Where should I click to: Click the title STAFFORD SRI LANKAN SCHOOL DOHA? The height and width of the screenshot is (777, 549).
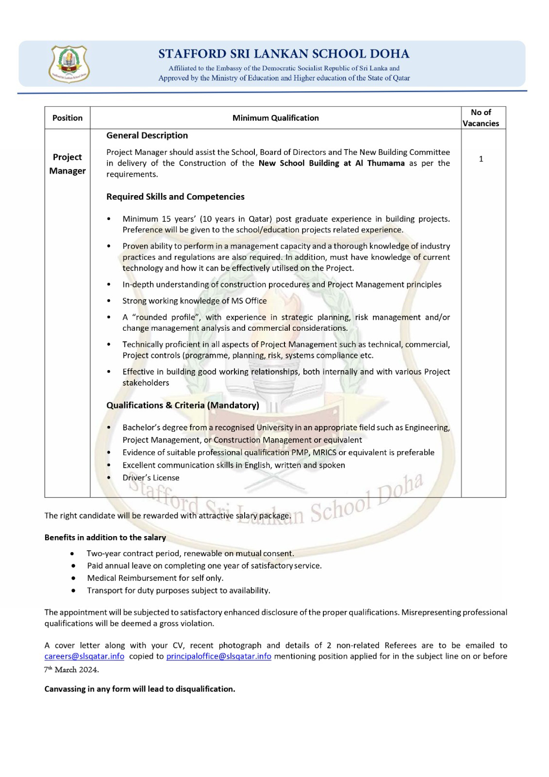(283, 54)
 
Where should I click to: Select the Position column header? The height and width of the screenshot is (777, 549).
(67, 118)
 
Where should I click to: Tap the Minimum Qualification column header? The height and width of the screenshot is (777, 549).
(275, 118)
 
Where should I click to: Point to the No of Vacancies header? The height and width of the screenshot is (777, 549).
(481, 118)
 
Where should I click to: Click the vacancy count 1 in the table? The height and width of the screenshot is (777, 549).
(481, 159)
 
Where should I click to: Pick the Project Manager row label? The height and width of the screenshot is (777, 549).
(67, 164)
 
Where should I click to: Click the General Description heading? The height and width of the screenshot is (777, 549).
(147, 135)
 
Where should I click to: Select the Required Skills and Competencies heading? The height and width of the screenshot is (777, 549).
(175, 197)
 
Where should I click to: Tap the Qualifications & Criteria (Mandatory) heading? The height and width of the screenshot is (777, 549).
(183, 405)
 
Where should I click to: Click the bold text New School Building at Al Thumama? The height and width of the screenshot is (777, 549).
(332, 163)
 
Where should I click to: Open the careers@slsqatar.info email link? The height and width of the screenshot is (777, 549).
(84, 656)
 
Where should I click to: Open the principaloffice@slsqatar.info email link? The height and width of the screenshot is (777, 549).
(218, 656)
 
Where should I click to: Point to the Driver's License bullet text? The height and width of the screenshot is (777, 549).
(151, 478)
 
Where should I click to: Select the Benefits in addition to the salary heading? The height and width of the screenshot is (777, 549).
(105, 538)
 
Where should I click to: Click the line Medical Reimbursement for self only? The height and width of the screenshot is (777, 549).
(155, 578)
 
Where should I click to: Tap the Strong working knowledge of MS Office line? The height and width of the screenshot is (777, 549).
(194, 301)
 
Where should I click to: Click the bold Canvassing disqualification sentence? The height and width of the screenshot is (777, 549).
(140, 689)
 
